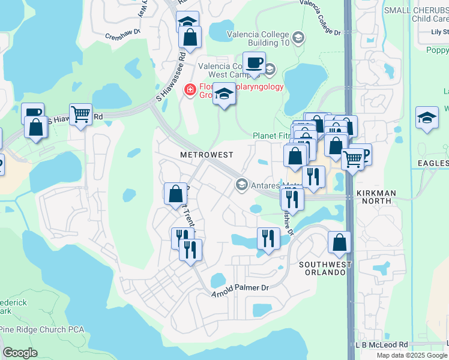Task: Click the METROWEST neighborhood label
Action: coord(206,155)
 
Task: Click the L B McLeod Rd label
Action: coord(381,345)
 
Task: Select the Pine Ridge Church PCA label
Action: coord(42,329)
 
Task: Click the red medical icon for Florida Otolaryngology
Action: coord(190,89)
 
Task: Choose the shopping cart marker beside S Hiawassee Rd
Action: coord(80,113)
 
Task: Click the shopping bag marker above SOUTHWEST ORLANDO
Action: coord(339,242)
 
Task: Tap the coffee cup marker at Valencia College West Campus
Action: coord(254,62)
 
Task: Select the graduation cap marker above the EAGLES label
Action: coord(427,116)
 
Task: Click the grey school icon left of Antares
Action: coord(242,184)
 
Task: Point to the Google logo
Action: coord(20,353)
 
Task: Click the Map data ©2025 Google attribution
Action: coord(412,355)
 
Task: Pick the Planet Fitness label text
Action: coord(272,136)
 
